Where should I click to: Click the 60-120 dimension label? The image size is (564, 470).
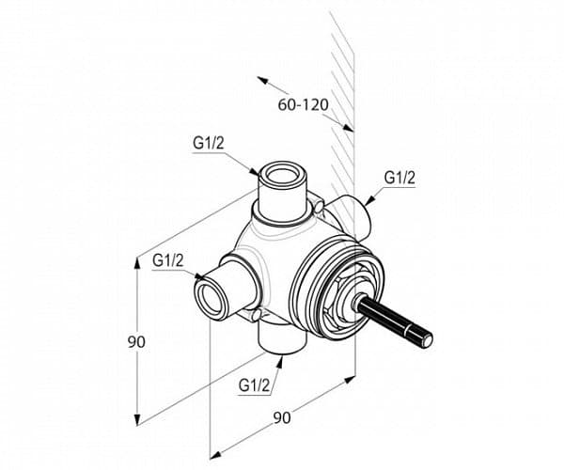(x=304, y=104)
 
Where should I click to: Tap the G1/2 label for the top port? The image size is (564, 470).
(x=209, y=144)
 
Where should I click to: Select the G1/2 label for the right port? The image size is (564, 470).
(x=399, y=178)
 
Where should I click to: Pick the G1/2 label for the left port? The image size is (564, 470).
(x=168, y=260)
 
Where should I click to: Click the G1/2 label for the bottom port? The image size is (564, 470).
(x=254, y=385)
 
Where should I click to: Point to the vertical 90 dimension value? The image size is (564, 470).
(x=136, y=341)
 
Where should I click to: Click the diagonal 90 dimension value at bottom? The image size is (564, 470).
(x=282, y=418)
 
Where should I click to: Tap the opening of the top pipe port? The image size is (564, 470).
(x=282, y=175)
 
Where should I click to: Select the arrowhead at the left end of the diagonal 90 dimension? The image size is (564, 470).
(x=214, y=455)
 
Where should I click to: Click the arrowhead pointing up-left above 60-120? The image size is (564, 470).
(x=262, y=80)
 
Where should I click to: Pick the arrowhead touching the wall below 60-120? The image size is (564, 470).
(x=347, y=127)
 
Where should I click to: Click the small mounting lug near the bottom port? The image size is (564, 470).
(x=256, y=315)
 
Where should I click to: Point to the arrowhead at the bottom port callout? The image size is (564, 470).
(x=279, y=362)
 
